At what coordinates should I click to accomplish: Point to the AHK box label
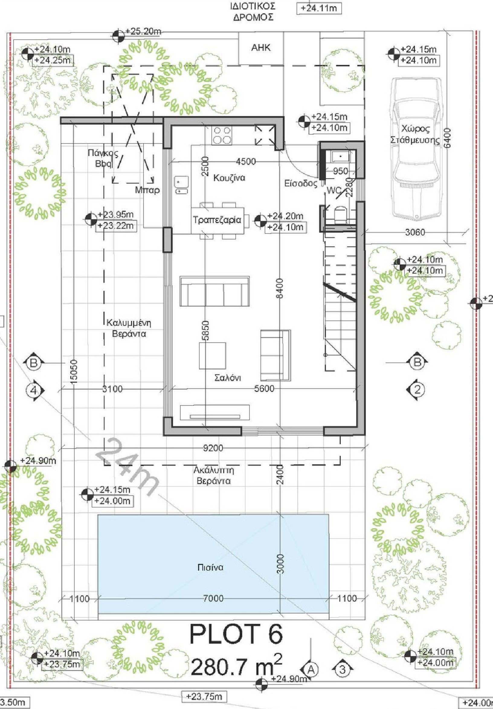point(261,47)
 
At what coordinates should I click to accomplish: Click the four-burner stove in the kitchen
point(222,135)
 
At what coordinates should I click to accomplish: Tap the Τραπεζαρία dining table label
point(217,220)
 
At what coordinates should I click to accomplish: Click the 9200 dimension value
point(213,448)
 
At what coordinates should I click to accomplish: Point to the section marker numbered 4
point(34,390)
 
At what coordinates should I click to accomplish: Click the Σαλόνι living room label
point(228,378)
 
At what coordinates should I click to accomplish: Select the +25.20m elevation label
point(143,31)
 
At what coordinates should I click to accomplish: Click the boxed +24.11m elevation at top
point(319,8)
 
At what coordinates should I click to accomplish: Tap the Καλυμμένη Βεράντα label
point(129,328)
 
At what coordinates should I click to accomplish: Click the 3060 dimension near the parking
point(415,232)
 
